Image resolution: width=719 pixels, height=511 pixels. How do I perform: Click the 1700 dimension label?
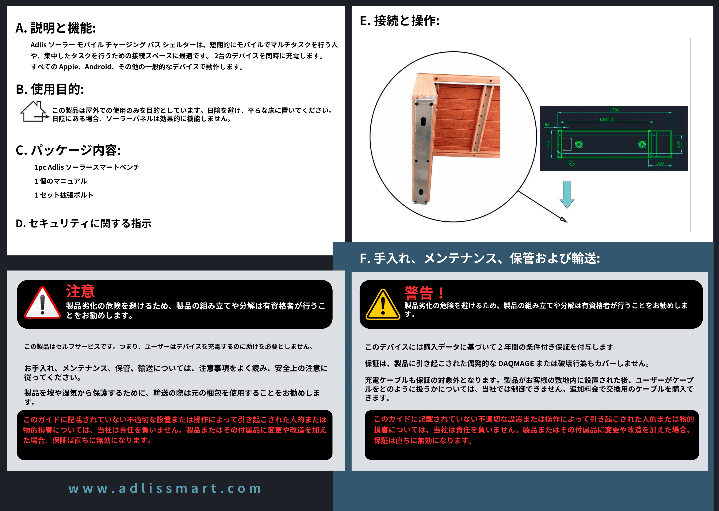(x=614, y=110)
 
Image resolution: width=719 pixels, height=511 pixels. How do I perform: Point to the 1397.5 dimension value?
(x=606, y=119)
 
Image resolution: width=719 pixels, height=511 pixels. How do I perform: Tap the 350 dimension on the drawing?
(x=660, y=163)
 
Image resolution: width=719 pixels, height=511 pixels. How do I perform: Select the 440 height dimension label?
(x=548, y=144)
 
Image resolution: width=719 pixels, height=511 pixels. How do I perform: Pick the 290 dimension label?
(x=678, y=144)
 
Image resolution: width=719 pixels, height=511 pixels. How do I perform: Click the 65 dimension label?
(x=547, y=125)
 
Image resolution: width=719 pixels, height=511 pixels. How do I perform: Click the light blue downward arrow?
(x=567, y=194)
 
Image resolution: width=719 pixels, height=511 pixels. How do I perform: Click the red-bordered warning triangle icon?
(x=42, y=303)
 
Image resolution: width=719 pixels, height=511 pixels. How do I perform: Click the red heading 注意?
(x=80, y=291)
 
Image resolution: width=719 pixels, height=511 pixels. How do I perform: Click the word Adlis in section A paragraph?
(x=38, y=45)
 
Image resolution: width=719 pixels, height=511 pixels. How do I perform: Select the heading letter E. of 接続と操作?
(x=365, y=21)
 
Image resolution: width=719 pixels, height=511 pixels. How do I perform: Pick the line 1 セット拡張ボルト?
(x=64, y=195)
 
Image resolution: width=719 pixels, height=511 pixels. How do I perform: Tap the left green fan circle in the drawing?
(x=579, y=144)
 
